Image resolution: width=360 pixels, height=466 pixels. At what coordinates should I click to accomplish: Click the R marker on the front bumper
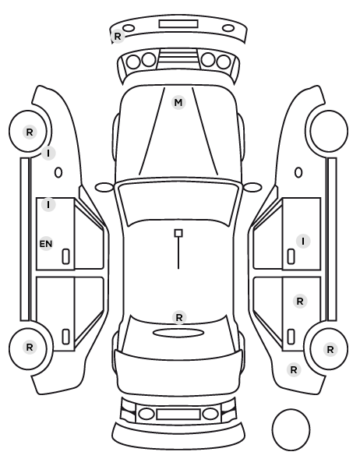click(118, 37)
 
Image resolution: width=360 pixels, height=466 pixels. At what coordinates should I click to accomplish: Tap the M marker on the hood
click(178, 103)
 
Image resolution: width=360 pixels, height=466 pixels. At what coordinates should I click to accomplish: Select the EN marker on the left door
click(46, 244)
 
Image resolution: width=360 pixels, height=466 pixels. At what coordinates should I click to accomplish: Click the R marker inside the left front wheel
click(30, 132)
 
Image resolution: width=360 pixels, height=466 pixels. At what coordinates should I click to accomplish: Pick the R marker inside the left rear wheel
click(30, 347)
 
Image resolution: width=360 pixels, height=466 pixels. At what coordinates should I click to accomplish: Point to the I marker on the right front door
click(303, 242)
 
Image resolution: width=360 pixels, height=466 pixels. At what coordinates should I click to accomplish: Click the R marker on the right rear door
click(300, 302)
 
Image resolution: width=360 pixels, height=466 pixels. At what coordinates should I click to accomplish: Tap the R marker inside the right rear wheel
click(330, 350)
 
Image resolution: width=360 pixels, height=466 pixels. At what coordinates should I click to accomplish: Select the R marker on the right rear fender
click(294, 370)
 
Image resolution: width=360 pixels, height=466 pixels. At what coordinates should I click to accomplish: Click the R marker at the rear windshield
click(179, 317)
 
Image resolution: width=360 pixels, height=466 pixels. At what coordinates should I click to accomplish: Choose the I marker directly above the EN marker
click(48, 204)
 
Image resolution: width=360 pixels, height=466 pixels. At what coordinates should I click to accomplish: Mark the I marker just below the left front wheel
click(48, 154)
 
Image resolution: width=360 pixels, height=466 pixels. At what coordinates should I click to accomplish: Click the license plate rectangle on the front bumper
click(178, 24)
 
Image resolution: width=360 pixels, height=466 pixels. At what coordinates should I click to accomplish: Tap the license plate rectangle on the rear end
click(178, 415)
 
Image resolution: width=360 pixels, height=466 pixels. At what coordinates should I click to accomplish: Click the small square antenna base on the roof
click(178, 233)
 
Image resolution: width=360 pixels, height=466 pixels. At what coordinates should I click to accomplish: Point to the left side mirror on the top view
click(104, 187)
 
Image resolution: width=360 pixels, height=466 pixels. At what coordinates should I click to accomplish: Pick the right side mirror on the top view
click(252, 187)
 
